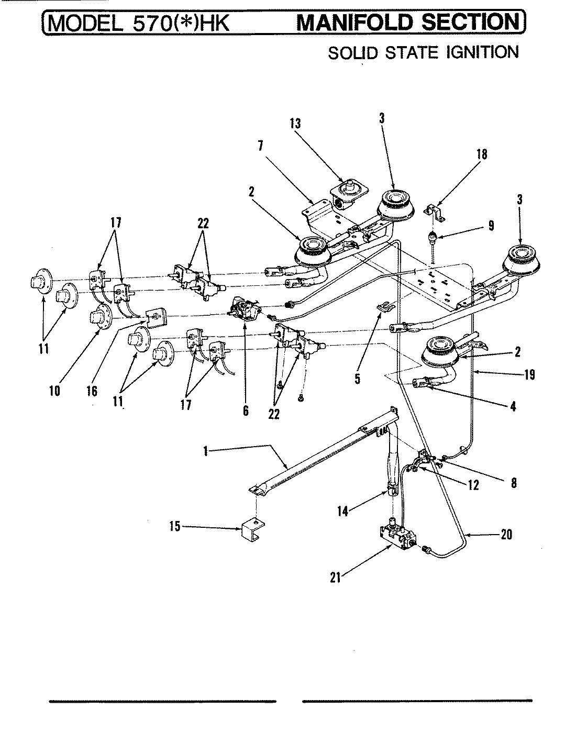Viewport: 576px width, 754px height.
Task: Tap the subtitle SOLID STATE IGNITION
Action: [423, 52]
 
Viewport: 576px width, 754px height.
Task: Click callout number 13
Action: [295, 124]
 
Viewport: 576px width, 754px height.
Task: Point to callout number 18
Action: [482, 154]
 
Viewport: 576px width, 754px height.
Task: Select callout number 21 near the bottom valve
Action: [335, 577]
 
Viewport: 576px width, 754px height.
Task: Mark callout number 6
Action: [246, 411]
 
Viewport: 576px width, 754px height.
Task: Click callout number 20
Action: [506, 535]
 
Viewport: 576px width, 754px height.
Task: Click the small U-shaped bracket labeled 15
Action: [253, 530]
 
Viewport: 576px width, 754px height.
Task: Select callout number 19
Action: [529, 374]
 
